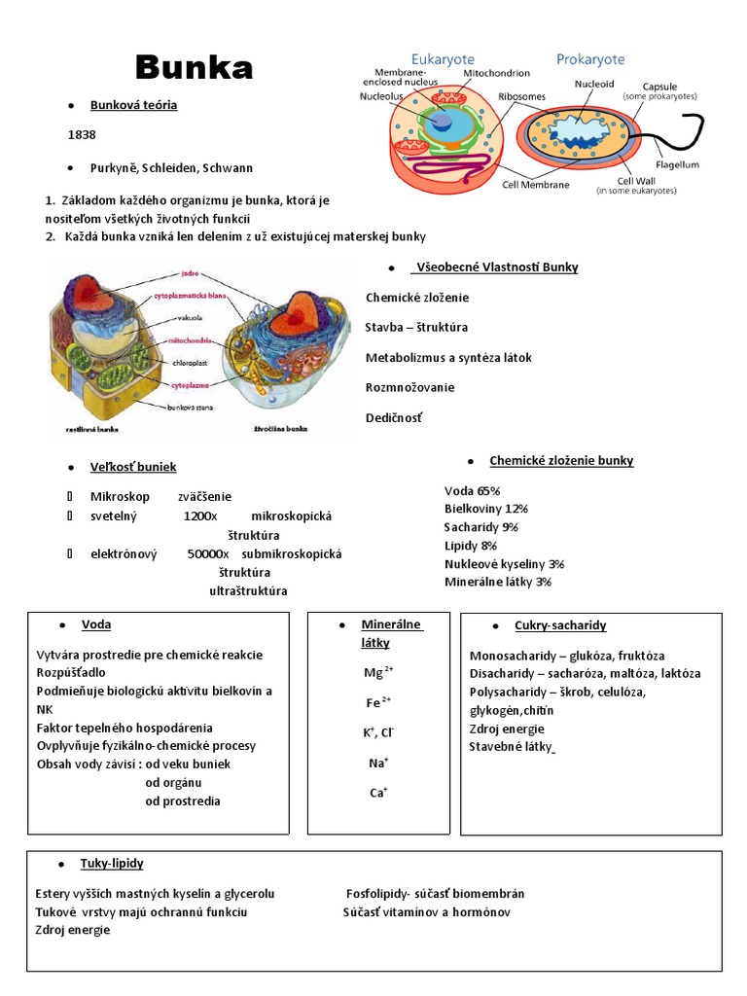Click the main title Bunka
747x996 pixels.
194,67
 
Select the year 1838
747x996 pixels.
82,134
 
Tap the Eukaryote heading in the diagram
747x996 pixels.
443,59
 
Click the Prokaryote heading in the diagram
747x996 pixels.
590,59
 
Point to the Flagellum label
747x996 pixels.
676,165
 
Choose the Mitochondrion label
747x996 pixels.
496,73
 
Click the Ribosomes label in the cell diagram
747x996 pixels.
521,97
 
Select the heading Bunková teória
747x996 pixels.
133,104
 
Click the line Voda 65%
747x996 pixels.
472,490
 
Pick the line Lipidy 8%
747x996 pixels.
471,546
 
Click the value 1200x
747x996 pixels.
200,516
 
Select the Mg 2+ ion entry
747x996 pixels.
377,672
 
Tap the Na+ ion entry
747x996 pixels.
378,764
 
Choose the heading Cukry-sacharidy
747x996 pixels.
560,625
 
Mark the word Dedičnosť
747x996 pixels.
395,417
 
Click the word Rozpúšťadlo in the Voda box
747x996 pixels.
71,672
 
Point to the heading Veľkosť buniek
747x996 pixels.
133,467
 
